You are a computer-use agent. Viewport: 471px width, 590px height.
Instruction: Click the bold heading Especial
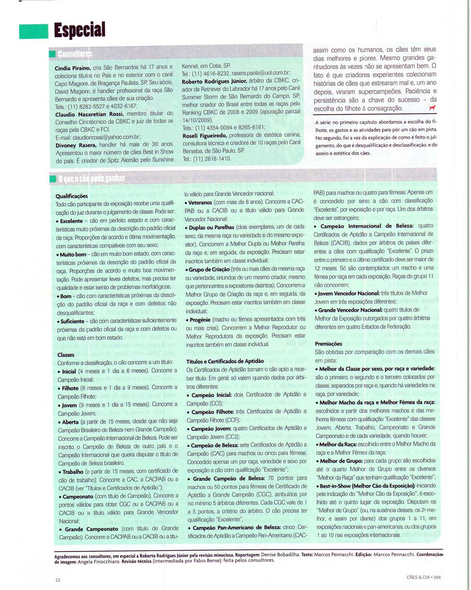[79, 30]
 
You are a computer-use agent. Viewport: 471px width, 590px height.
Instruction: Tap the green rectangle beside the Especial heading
[33, 31]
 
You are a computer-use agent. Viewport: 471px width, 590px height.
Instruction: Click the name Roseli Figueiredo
[208, 135]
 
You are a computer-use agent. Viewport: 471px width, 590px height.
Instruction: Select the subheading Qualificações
[71, 197]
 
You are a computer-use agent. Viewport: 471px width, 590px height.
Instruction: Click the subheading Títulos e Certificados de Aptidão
[225, 361]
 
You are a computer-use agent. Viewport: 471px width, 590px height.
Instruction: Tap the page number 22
[58, 580]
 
